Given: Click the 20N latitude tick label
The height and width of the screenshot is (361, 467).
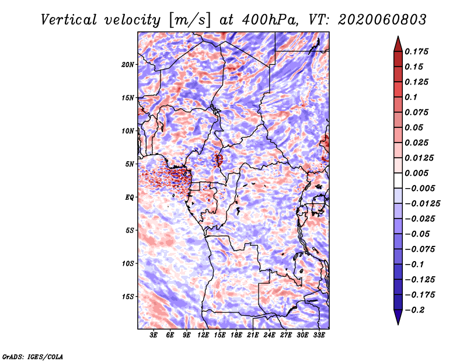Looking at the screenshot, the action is coord(128,65).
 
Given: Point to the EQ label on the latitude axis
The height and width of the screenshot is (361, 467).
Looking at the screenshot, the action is coord(129,197).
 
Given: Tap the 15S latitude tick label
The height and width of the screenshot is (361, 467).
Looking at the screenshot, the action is coord(128,297).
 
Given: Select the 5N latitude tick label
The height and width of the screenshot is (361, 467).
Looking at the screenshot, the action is coord(130,164).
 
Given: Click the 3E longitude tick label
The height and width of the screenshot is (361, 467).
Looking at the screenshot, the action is coord(154,335).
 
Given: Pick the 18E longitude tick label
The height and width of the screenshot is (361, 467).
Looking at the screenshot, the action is coord(236,335).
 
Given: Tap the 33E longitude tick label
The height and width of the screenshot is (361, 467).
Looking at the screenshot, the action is coord(319,335).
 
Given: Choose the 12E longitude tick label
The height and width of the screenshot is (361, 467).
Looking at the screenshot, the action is coord(203,335).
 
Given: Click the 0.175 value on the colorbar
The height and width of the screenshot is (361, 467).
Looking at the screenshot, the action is coord(416,51).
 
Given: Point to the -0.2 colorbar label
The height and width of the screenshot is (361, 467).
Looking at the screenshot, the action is coord(414,310).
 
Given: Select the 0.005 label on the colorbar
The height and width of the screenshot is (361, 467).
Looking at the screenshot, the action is coord(416,173).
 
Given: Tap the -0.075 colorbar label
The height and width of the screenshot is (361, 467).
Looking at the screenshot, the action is coord(420,249).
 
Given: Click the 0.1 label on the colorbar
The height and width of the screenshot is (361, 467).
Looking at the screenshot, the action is coord(411,97).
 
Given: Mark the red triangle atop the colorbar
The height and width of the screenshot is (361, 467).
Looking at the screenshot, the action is coord(398,44).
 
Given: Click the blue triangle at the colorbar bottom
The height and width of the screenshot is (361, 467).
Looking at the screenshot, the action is coord(398,317).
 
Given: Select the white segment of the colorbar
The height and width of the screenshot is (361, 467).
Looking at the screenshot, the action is coord(398,180).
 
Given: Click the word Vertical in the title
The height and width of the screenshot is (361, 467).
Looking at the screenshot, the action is coord(69,20).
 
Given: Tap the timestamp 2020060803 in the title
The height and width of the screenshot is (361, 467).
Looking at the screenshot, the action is coord(382,20).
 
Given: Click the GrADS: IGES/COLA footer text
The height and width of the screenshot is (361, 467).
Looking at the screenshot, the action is coord(33,357).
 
